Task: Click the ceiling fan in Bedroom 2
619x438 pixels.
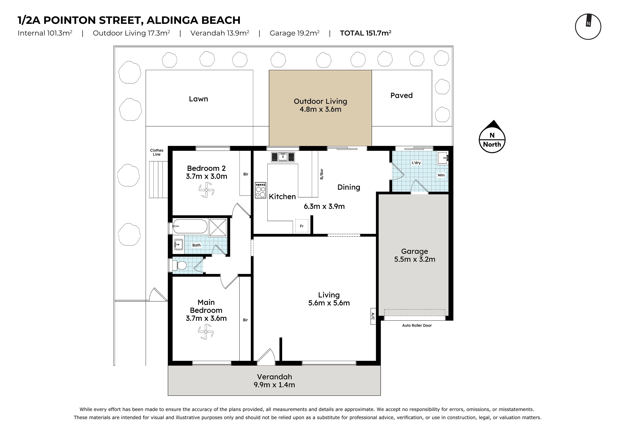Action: tap(206, 190)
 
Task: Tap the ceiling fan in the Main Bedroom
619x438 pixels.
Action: tap(206, 332)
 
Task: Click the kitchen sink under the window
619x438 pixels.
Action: tap(283, 157)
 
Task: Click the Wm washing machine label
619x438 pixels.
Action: tap(441, 175)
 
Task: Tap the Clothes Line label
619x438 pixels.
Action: tap(157, 152)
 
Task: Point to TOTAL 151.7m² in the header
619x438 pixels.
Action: tap(366, 33)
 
